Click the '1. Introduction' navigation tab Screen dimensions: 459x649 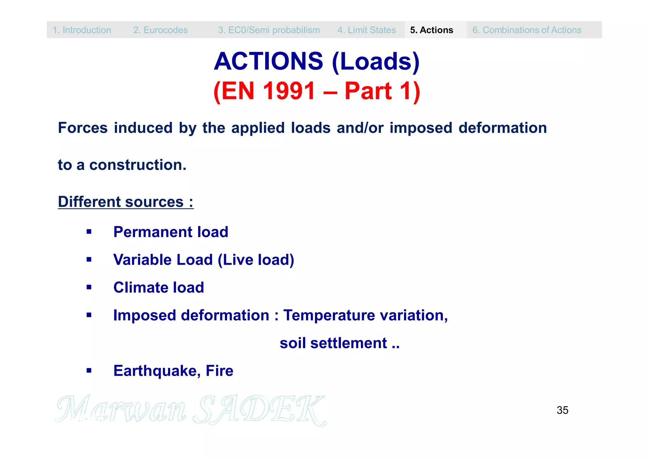pos(82,30)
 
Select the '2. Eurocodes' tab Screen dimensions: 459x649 pos(160,30)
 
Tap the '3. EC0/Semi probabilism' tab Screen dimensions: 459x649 pos(269,30)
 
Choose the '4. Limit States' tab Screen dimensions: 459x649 pos(366,30)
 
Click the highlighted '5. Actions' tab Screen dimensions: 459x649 pos(432,30)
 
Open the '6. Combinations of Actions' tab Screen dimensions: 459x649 pos(527,30)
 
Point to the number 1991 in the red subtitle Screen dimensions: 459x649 pos(289,91)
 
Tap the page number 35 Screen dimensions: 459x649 pos(562,410)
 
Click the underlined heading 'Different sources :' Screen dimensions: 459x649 pos(125,202)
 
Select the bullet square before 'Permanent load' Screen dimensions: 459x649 pos(89,232)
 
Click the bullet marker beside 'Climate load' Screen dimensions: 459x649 pos(89,288)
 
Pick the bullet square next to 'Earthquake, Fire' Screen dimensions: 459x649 pos(89,371)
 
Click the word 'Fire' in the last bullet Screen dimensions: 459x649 pos(219,371)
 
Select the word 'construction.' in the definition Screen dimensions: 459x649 pos(138,165)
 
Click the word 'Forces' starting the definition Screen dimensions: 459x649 pos(83,128)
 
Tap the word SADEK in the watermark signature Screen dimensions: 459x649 pos(260,410)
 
